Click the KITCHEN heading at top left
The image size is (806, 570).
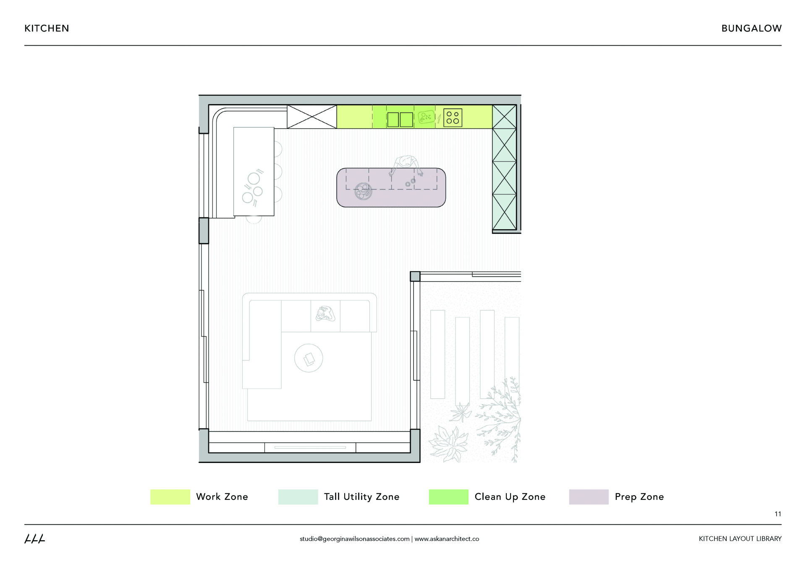pos(47,29)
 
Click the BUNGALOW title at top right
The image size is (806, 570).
pos(751,29)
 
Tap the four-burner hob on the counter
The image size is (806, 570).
pos(453,118)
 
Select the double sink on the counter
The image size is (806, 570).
pos(400,119)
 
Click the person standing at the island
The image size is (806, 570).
pos(406,164)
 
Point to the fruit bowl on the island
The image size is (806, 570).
pos(363,191)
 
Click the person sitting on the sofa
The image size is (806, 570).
pos(325,314)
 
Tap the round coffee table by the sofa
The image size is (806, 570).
pos(309,358)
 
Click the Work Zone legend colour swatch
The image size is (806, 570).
pos(170,497)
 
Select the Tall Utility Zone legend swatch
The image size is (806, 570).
pos(298,497)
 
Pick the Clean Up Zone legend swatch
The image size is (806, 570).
pos(448,497)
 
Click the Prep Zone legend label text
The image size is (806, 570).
pos(639,497)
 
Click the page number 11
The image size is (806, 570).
pos(777,514)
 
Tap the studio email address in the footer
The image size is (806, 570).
pos(354,539)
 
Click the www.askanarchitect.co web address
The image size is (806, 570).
pos(447,539)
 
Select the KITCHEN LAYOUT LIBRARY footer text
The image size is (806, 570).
pos(740,539)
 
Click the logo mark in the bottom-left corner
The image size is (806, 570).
pos(34,539)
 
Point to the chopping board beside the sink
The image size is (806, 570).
pos(426,117)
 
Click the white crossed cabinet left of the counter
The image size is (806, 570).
pos(311,117)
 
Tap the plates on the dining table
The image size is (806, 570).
pos(253,188)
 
